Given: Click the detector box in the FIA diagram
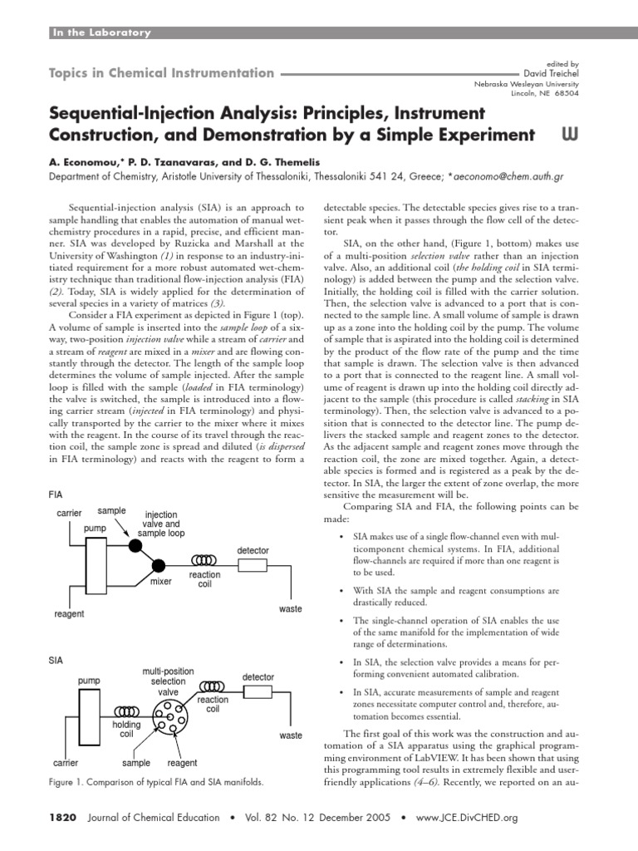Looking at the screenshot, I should (253, 565).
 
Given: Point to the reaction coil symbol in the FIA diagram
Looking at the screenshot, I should (204, 560).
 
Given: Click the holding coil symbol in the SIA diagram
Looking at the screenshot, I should (126, 711).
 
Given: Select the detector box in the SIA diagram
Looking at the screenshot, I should (257, 692).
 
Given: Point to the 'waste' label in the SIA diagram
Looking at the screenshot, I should (291, 735).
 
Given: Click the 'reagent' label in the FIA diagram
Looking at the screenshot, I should (69, 613).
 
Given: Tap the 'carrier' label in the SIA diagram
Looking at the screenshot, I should (66, 762).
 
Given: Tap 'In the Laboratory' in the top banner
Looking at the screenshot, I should (102, 32).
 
